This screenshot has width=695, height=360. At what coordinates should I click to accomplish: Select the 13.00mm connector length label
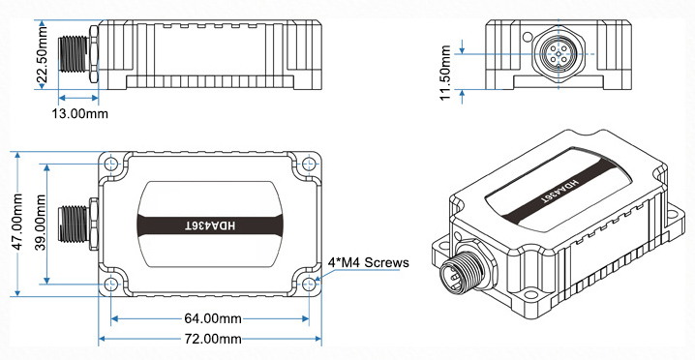(x=79, y=114)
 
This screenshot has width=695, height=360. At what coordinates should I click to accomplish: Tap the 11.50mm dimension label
(x=445, y=73)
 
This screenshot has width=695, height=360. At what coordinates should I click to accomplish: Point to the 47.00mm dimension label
(x=18, y=222)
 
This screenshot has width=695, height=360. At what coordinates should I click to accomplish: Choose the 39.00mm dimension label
(x=41, y=223)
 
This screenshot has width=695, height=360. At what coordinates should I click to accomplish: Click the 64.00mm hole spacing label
(x=212, y=318)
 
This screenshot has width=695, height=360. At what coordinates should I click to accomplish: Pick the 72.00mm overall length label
(x=212, y=339)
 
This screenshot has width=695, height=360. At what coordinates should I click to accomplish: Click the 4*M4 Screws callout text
(x=368, y=262)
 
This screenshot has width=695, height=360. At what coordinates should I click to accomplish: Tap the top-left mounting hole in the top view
(x=111, y=165)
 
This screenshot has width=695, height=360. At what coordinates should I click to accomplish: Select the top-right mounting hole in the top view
(x=309, y=165)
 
